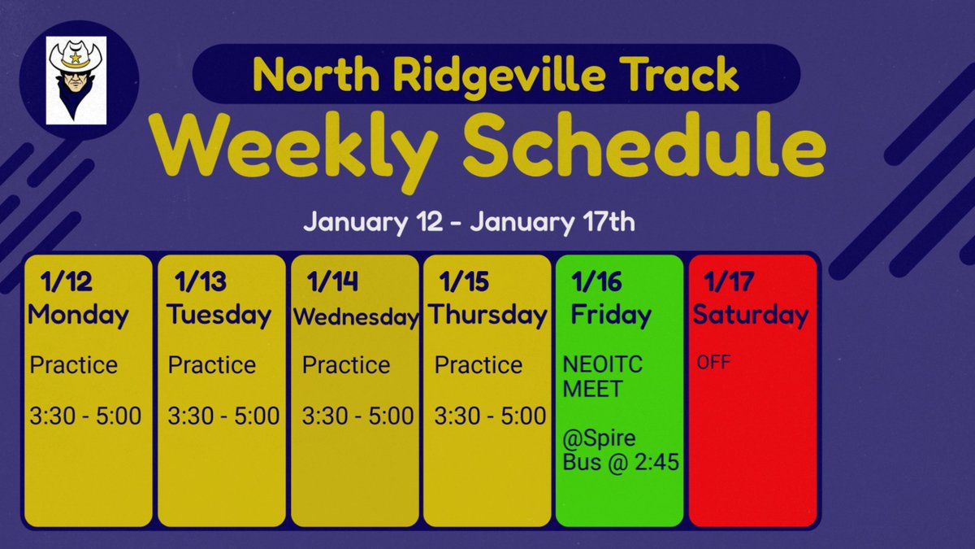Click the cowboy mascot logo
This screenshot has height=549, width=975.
(77, 80)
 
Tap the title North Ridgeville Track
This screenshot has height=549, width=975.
(496, 74)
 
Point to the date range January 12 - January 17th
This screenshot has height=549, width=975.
(469, 222)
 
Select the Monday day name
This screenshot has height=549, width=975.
(78, 315)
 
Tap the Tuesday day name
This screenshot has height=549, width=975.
(219, 315)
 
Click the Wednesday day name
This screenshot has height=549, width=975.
(355, 317)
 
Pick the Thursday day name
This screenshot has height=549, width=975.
(487, 315)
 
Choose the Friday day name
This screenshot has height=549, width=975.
(611, 315)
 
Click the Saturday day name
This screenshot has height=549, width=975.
(750, 315)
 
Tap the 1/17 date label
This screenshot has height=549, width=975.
(729, 282)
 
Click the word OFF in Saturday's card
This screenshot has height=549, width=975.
(713, 362)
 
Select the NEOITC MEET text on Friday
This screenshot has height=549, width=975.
(602, 377)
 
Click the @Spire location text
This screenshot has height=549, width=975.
(600, 440)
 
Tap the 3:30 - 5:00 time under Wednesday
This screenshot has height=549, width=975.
(357, 416)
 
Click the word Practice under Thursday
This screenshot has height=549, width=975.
(479, 365)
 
